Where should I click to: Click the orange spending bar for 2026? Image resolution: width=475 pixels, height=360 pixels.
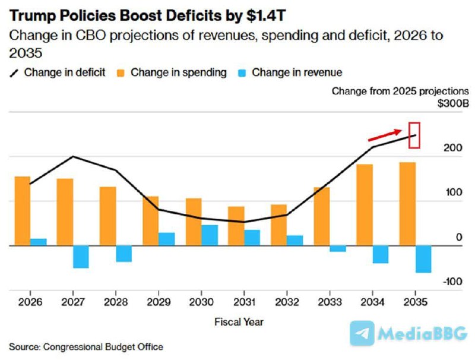tap(22, 211)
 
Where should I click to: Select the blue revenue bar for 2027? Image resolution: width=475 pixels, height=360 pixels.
tap(81, 257)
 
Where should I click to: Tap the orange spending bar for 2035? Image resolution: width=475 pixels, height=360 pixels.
tap(407, 204)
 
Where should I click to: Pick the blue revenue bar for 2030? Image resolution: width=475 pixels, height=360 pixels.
tap(210, 235)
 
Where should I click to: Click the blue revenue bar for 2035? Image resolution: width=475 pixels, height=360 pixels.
tap(423, 259)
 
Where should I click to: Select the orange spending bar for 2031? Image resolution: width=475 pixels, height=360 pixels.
tap(236, 226)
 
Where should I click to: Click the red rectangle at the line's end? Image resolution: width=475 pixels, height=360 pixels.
tap(415, 135)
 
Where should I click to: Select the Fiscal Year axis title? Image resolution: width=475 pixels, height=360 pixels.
tap(239, 322)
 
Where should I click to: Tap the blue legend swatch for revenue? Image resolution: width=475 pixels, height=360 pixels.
tap(241, 73)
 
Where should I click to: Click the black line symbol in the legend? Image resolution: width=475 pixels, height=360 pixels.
tap(14, 73)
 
